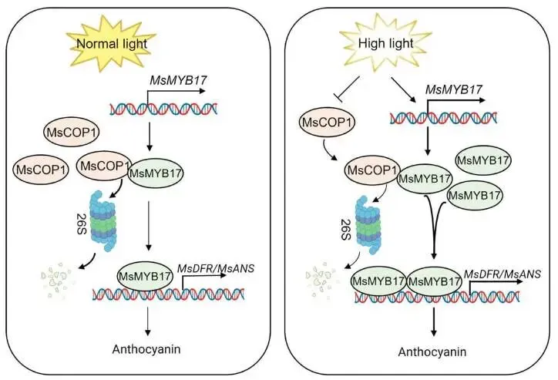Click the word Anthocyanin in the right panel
(x=430, y=351)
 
